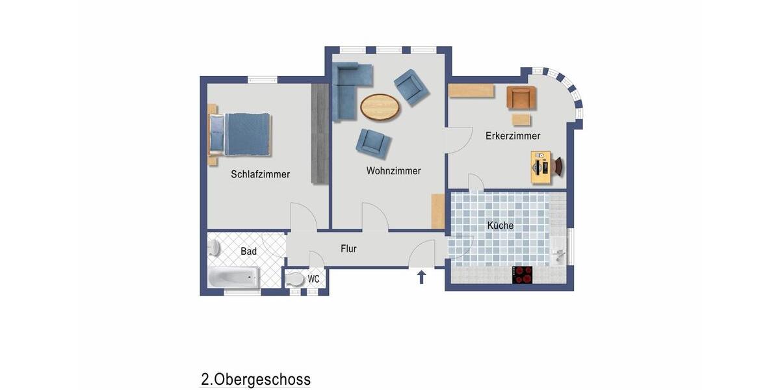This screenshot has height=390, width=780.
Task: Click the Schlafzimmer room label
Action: [x=260, y=174]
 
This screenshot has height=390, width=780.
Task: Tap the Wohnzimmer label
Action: [x=393, y=171]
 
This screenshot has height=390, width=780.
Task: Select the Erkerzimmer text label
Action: [x=513, y=136]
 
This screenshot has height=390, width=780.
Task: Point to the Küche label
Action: [x=500, y=226]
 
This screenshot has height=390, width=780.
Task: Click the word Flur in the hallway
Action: [x=348, y=248]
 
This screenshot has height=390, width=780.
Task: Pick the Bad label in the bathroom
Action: [x=248, y=251]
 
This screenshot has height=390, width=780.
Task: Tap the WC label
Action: [x=313, y=279]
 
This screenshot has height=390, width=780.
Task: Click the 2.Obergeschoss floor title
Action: [x=255, y=380]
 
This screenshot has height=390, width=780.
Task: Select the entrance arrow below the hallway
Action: [x=421, y=278]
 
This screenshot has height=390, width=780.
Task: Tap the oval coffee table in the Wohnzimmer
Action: [x=380, y=107]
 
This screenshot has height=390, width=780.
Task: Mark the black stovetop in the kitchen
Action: [x=523, y=274]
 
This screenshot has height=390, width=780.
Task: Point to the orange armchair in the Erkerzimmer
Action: [x=521, y=97]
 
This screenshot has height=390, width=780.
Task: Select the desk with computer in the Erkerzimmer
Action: [x=541, y=167]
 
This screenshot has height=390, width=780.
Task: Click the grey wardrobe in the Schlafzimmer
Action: [x=319, y=133]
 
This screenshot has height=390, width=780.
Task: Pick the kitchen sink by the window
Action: [x=558, y=250]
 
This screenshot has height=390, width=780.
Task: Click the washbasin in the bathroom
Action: [x=214, y=248]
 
